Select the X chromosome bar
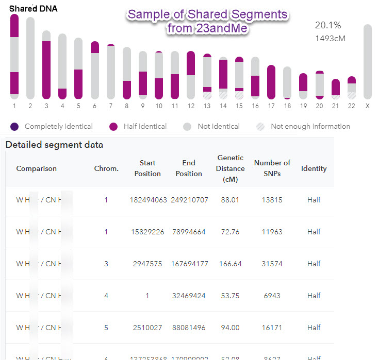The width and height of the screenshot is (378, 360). (x=368, y=61)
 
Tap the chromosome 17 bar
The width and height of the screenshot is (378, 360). (x=271, y=82)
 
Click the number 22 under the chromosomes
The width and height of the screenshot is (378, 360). (x=352, y=106)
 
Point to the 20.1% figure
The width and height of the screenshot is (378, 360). (x=328, y=25)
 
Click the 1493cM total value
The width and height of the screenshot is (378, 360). (x=330, y=38)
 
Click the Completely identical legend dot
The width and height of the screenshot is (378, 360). (x=14, y=127)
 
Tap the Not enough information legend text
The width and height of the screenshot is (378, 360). (x=310, y=126)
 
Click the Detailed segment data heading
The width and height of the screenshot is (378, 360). (x=54, y=145)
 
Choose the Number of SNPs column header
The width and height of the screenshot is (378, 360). (x=272, y=168)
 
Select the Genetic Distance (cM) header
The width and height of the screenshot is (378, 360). (x=230, y=168)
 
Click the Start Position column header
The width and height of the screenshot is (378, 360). (x=147, y=168)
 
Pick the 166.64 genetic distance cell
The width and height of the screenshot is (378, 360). (x=230, y=264)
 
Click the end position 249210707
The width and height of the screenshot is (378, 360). (x=189, y=200)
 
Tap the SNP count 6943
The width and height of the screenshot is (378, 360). (x=272, y=296)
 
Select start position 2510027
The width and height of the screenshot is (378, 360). (x=147, y=328)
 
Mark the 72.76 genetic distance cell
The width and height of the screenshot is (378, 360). (x=230, y=232)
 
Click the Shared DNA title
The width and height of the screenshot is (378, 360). (x=34, y=9)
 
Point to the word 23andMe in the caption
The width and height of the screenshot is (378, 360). (x=223, y=29)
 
